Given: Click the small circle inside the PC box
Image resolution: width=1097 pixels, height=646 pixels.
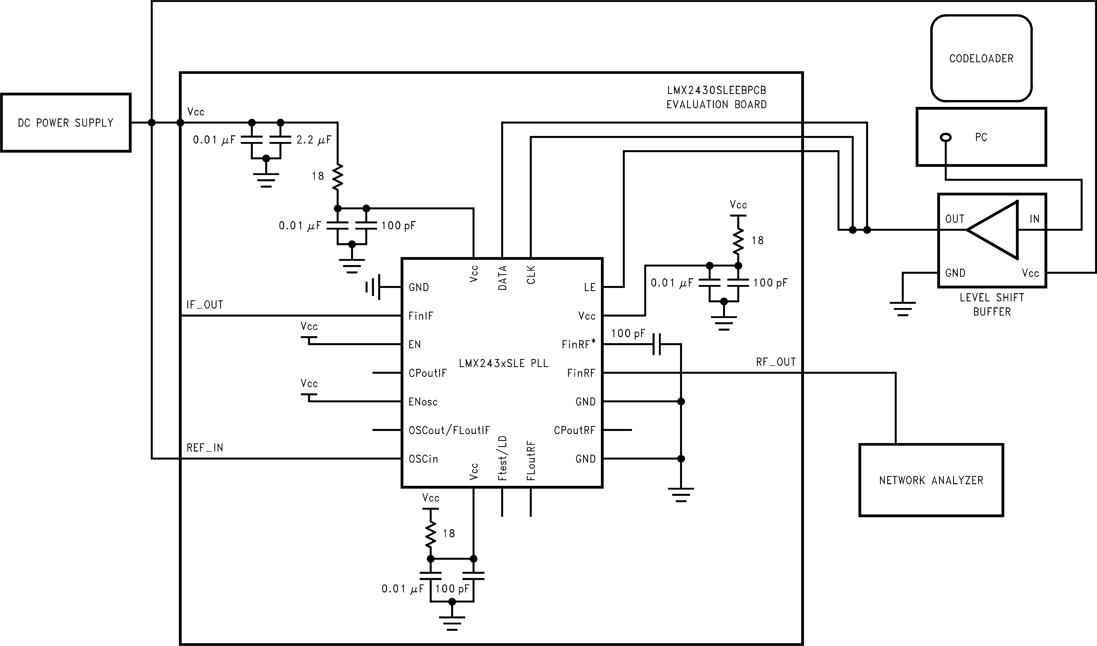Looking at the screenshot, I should click(945, 138).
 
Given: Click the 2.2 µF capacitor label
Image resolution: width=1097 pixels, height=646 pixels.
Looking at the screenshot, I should click(314, 140).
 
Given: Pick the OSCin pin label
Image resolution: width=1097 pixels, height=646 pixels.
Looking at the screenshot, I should click(423, 459).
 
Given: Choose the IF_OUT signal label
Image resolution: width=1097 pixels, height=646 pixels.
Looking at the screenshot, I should click(205, 305).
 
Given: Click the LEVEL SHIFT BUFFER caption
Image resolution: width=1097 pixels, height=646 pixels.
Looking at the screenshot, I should click(992, 305).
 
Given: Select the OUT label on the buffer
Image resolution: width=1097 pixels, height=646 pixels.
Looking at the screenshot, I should click(955, 219).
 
